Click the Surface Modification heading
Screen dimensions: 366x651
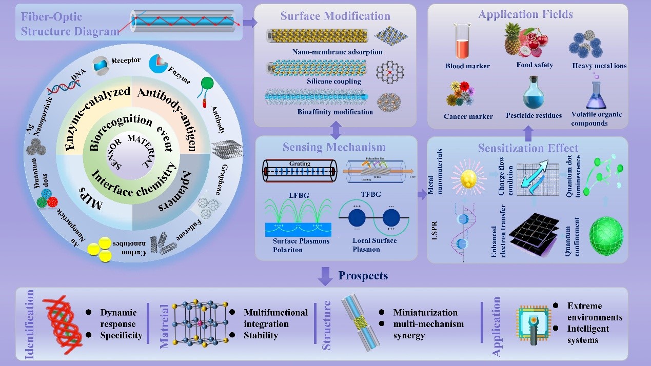coord(335,16)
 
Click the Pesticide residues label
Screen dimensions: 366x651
coord(534,115)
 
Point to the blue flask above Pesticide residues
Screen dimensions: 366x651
coord(534,91)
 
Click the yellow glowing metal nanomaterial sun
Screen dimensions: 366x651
coord(469,177)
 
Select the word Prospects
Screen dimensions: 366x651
coord(363,275)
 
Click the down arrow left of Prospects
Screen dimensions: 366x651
coord(325,275)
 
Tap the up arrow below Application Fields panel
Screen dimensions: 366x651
coord(528,133)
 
